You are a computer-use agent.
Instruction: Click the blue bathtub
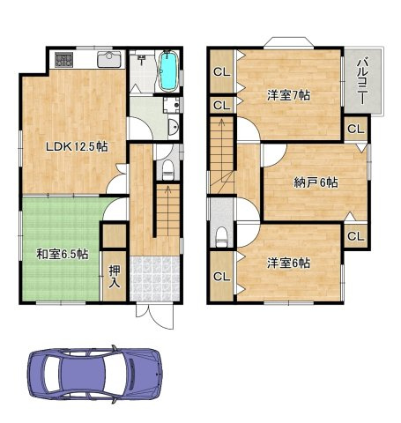click(168, 71)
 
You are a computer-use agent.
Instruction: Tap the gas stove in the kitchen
click(63, 60)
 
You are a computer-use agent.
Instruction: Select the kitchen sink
click(109, 59)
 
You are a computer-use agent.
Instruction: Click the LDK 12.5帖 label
click(77, 146)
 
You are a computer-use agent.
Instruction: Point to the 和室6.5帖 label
click(63, 255)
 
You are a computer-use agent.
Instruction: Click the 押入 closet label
click(115, 277)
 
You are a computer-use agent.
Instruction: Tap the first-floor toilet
click(168, 170)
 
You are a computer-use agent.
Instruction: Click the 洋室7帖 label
click(289, 95)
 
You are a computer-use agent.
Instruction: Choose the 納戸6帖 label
click(316, 182)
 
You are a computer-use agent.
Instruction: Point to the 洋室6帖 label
click(289, 263)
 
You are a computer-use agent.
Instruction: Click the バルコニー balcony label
click(363, 81)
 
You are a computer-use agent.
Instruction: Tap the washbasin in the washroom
click(174, 128)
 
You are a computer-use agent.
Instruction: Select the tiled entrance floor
click(154, 278)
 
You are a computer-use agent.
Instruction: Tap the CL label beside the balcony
click(356, 129)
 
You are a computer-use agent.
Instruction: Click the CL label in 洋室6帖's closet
click(222, 277)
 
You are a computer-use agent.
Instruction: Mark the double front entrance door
click(155, 316)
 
